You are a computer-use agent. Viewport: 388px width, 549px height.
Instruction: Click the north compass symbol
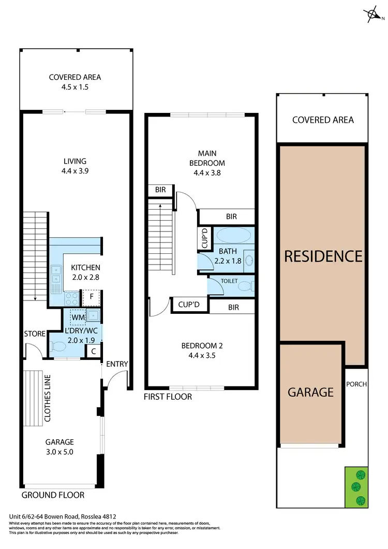pos(372,15)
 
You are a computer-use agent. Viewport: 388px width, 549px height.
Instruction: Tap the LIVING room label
pos(75,161)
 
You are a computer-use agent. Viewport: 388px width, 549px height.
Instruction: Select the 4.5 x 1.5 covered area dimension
pos(75,87)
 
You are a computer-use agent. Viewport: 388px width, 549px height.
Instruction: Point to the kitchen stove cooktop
pos(71,298)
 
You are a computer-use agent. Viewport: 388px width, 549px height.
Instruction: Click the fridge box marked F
pos(92,297)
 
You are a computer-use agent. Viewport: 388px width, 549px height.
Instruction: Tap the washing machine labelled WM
pos(78,316)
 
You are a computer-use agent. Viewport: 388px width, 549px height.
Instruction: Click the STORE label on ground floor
pos(35,334)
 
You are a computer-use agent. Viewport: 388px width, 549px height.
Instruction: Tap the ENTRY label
pos(116,364)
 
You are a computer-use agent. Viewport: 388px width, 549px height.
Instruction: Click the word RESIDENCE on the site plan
pos(322,256)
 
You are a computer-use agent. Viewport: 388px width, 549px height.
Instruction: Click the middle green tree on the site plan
pos(355,487)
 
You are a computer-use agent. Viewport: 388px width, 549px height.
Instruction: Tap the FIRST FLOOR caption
pos(168,397)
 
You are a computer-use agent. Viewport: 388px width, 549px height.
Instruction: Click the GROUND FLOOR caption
pos(53,495)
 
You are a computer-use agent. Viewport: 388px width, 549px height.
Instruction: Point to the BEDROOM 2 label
pos(201,346)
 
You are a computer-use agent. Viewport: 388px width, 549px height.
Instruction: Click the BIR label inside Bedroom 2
pos(233,307)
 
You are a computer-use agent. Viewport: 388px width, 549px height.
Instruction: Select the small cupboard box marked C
pos(93,351)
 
